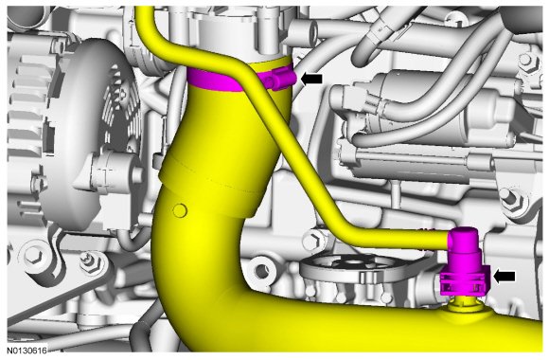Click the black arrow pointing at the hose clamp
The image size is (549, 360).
(x=311, y=79)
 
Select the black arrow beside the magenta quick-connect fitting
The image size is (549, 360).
(x=505, y=277)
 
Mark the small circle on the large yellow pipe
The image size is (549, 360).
(x=180, y=210)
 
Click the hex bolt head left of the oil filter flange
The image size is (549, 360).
(x=313, y=242)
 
